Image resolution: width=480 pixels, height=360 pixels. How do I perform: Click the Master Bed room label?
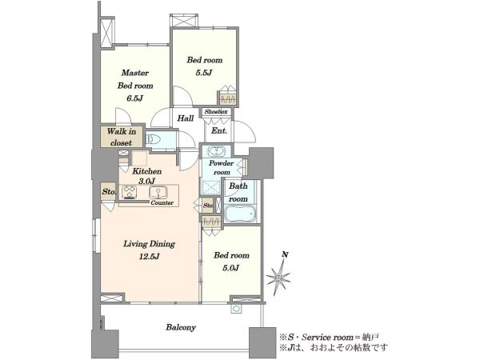click(135, 79)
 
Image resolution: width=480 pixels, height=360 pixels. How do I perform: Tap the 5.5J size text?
click(203, 73)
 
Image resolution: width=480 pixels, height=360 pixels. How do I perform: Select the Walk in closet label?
click(122, 137)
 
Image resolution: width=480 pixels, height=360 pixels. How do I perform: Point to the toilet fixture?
click(154, 140)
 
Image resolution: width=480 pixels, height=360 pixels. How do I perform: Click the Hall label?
click(186, 118)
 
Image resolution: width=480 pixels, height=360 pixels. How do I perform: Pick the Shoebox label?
click(216, 112)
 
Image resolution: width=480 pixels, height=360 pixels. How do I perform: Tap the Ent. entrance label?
click(219, 130)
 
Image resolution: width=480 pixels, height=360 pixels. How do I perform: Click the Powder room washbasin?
click(217, 151)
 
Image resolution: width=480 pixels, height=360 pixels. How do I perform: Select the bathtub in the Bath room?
click(240, 214)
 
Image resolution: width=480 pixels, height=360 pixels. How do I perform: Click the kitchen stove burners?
click(129, 193)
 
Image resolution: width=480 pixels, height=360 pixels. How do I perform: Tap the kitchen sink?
click(158, 193)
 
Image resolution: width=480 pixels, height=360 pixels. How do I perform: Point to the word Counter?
click(162, 202)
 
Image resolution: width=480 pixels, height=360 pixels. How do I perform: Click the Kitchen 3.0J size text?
click(146, 182)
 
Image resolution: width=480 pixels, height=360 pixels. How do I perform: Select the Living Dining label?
click(149, 244)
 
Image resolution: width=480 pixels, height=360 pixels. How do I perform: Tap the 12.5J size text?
click(149, 257)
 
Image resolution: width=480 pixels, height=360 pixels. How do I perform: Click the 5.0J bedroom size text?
click(231, 268)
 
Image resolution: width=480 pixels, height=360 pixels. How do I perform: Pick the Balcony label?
click(181, 327)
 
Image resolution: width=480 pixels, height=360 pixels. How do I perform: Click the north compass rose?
click(278, 278)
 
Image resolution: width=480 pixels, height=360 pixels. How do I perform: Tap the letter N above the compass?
click(285, 254)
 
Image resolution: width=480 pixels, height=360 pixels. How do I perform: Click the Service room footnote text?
click(329, 338)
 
